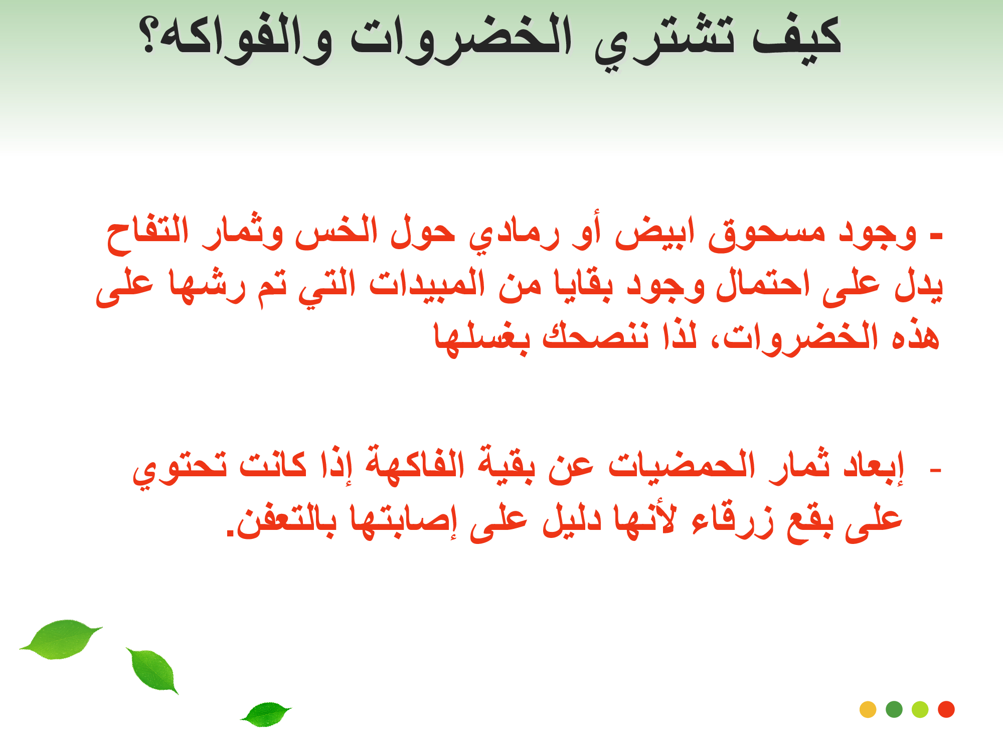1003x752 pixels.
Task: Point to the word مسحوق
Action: pyautogui.click(x=767, y=235)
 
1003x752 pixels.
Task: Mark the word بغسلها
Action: pyautogui.click(x=482, y=338)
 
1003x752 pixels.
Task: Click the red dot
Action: pyautogui.click(x=946, y=709)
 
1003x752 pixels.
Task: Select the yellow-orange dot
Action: pyautogui.click(x=868, y=709)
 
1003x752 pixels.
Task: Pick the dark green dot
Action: pyautogui.click(x=894, y=709)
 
